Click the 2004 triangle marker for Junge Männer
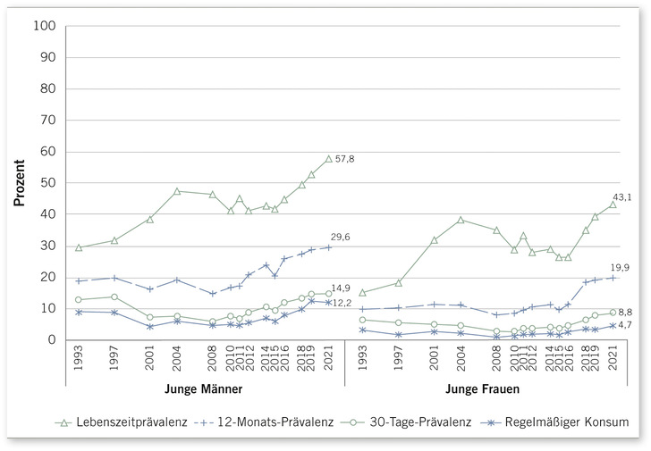178,191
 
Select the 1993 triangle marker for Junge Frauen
362,292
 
